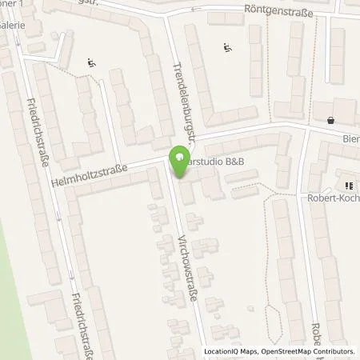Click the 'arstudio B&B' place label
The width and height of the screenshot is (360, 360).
214,162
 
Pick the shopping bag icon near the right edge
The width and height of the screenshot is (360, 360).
330,121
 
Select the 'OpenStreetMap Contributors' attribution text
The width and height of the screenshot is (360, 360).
305,352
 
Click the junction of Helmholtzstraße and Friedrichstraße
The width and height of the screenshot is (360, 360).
54,184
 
